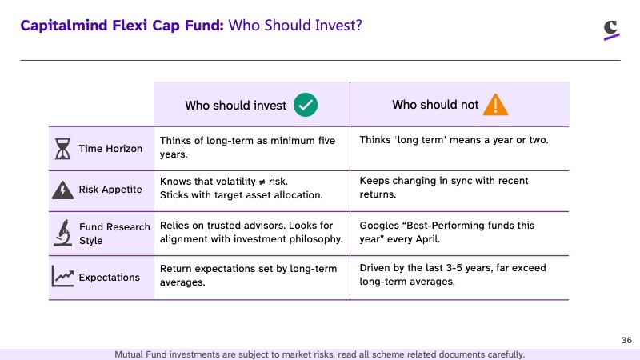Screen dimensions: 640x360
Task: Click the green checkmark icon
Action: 306,105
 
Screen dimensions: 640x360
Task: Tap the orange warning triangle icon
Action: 495,105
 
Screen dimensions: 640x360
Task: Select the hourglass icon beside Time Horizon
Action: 63,149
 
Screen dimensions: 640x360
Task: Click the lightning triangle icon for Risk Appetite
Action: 63,190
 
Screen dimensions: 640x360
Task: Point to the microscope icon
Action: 63,233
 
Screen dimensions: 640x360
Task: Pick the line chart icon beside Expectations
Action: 63,276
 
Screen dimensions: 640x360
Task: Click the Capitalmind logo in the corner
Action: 611,30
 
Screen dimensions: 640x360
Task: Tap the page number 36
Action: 626,340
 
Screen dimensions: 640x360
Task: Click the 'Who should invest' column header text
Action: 235,106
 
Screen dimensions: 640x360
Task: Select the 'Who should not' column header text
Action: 435,105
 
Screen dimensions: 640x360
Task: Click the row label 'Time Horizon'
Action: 110,149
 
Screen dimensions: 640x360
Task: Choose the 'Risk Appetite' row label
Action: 110,190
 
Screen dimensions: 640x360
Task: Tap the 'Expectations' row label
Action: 109,277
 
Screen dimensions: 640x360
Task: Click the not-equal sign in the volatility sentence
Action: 262,182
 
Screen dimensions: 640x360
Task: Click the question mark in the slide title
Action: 358,26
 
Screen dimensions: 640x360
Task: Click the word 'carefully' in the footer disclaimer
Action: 506,354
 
